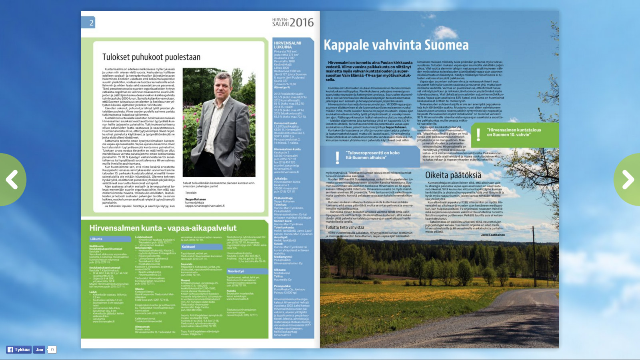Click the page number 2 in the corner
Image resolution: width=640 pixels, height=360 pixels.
pos(91,23)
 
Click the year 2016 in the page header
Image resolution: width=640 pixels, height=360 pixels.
pos(302,23)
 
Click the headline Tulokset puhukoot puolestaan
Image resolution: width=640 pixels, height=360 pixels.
pos(151,57)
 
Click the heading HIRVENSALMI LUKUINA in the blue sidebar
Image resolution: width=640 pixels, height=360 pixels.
pos(288,45)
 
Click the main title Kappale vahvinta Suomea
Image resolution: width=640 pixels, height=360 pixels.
pos(396,45)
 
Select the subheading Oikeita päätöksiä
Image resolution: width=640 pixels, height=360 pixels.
pos(453,175)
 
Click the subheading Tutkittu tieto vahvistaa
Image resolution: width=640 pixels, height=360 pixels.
pos(345,227)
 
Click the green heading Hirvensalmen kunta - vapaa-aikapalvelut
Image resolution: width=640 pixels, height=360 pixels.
pos(163,228)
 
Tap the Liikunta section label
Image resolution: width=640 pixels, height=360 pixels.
pos(96,239)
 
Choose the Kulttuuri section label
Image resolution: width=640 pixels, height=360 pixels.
pos(188,247)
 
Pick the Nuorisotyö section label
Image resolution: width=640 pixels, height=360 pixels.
pos(236,271)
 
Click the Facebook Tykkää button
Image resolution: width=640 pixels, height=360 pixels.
pos(18,350)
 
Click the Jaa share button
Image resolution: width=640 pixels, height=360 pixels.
pos(39,350)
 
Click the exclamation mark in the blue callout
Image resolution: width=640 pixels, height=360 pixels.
pos(337,157)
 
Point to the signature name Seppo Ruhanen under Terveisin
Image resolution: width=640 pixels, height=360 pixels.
pos(196,199)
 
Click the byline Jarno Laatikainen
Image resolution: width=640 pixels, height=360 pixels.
pos(493,235)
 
